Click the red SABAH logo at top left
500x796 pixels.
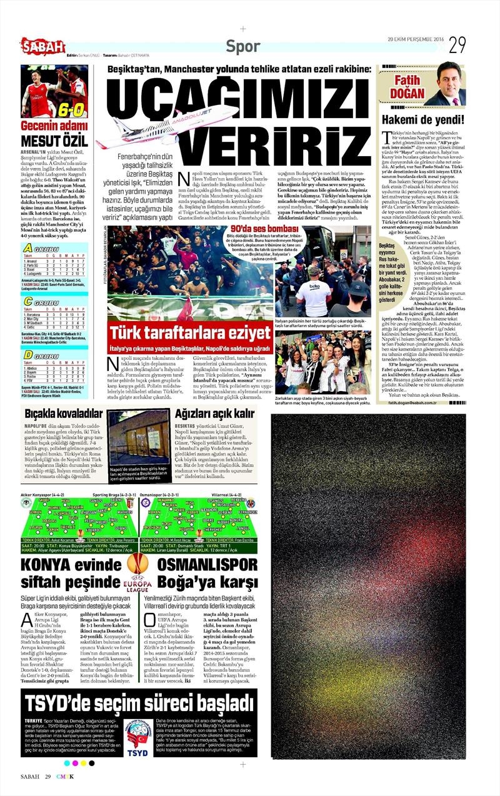tap(42, 46)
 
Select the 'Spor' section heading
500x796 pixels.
tap(243, 46)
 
